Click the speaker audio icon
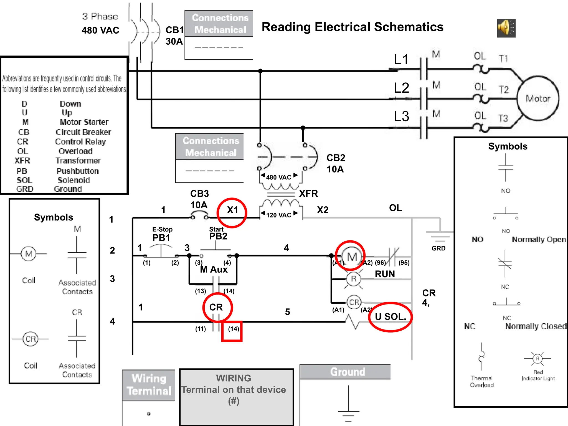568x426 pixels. [506, 28]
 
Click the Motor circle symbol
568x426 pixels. [538, 98]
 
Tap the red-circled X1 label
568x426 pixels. [232, 212]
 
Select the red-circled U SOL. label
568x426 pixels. [390, 317]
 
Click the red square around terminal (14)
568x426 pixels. [232, 331]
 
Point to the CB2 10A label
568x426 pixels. [336, 163]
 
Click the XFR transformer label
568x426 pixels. [308, 193]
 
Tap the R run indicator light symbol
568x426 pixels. [353, 279]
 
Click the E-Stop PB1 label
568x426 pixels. [162, 235]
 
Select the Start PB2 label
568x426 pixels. [218, 234]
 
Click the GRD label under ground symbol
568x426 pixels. [438, 248]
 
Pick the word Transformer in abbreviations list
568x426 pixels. [78, 161]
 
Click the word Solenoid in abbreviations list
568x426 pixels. [74, 180]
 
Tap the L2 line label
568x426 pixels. [401, 88]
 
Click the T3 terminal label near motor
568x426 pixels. [503, 118]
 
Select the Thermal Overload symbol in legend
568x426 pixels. [482, 357]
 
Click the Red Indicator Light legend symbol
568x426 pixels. [537, 359]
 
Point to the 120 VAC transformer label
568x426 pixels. [279, 215]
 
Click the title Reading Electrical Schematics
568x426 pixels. [352, 27]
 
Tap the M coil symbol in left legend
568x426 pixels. [29, 254]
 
